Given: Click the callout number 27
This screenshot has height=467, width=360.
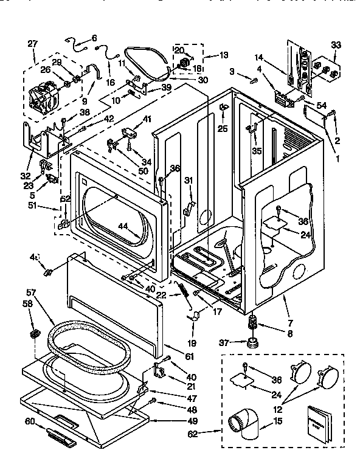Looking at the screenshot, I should (32, 43).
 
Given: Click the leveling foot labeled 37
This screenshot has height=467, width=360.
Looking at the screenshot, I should (251, 344).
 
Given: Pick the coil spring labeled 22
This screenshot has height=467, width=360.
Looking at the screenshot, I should (182, 291).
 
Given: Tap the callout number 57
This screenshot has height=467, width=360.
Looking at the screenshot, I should (32, 292).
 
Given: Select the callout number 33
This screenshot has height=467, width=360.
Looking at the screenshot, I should (336, 44).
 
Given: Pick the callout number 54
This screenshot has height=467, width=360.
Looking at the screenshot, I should (322, 106).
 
